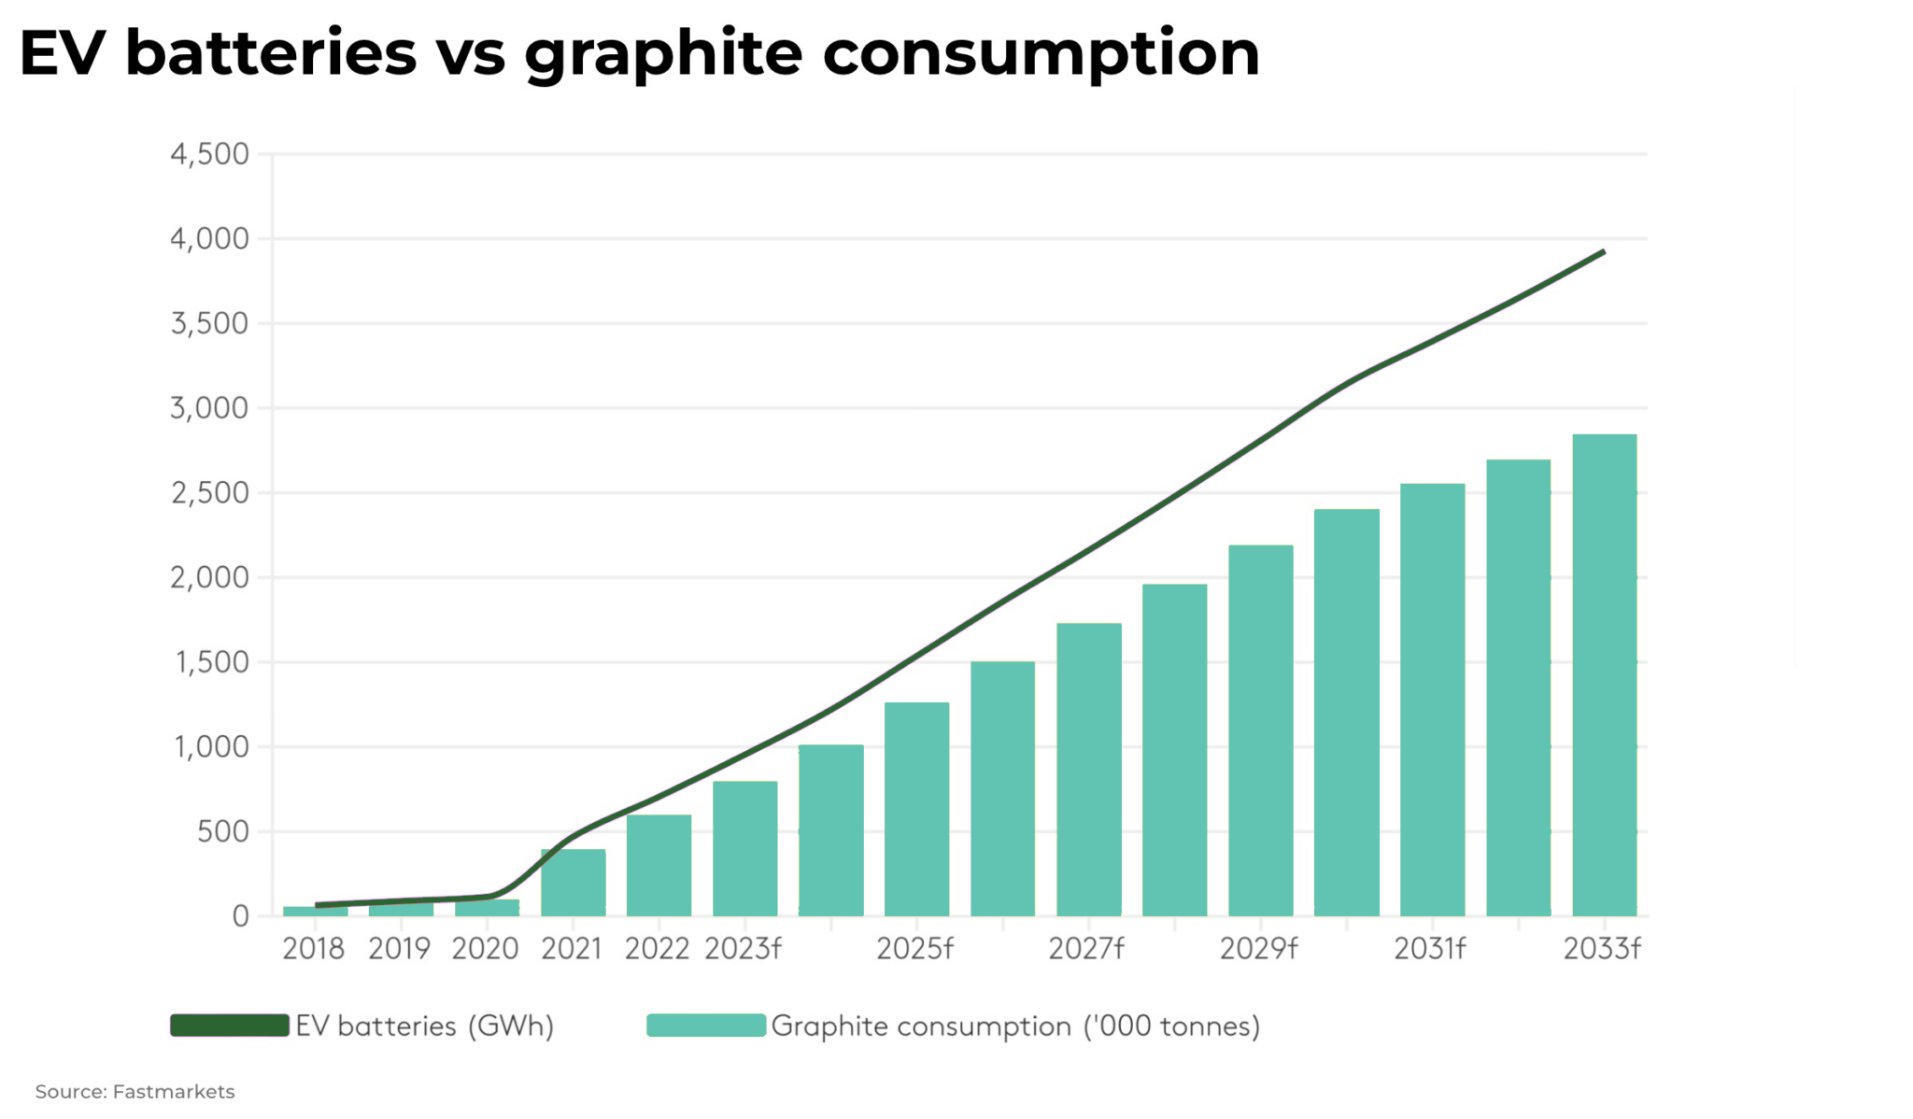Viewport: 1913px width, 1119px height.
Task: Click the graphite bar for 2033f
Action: click(x=1604, y=674)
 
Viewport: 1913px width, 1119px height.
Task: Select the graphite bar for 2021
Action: click(x=573, y=883)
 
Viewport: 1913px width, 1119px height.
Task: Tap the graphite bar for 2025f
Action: click(x=916, y=809)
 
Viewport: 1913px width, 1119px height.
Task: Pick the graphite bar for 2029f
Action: click(x=1260, y=730)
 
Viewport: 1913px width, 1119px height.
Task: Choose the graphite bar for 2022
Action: click(x=659, y=865)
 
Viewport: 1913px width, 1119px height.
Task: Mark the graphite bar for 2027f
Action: click(x=1088, y=770)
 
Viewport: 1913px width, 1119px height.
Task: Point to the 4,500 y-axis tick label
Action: click(x=209, y=154)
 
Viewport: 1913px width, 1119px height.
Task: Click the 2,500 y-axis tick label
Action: click(x=209, y=493)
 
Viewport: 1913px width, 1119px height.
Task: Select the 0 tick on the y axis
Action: click(x=240, y=916)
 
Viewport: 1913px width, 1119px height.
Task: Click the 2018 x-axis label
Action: click(x=313, y=949)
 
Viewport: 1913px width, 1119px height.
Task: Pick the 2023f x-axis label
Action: click(x=743, y=949)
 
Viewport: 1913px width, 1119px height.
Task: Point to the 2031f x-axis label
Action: click(x=1429, y=949)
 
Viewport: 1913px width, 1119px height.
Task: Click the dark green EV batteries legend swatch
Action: click(x=229, y=1026)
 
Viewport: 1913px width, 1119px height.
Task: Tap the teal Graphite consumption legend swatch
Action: click(x=705, y=1026)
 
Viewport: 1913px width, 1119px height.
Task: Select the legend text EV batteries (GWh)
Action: click(x=425, y=1027)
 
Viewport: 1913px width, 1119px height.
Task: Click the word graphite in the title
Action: click(x=662, y=54)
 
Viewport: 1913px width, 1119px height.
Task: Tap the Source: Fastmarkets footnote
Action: click(x=135, y=1091)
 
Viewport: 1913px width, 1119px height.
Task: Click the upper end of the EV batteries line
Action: click(x=1603, y=252)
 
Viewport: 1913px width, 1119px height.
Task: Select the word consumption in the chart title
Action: click(x=1041, y=54)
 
